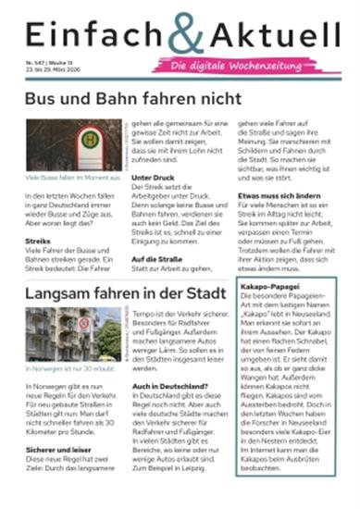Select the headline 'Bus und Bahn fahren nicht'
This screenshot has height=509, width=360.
coord(133,98)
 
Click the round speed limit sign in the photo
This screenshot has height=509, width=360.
coord(84,325)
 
